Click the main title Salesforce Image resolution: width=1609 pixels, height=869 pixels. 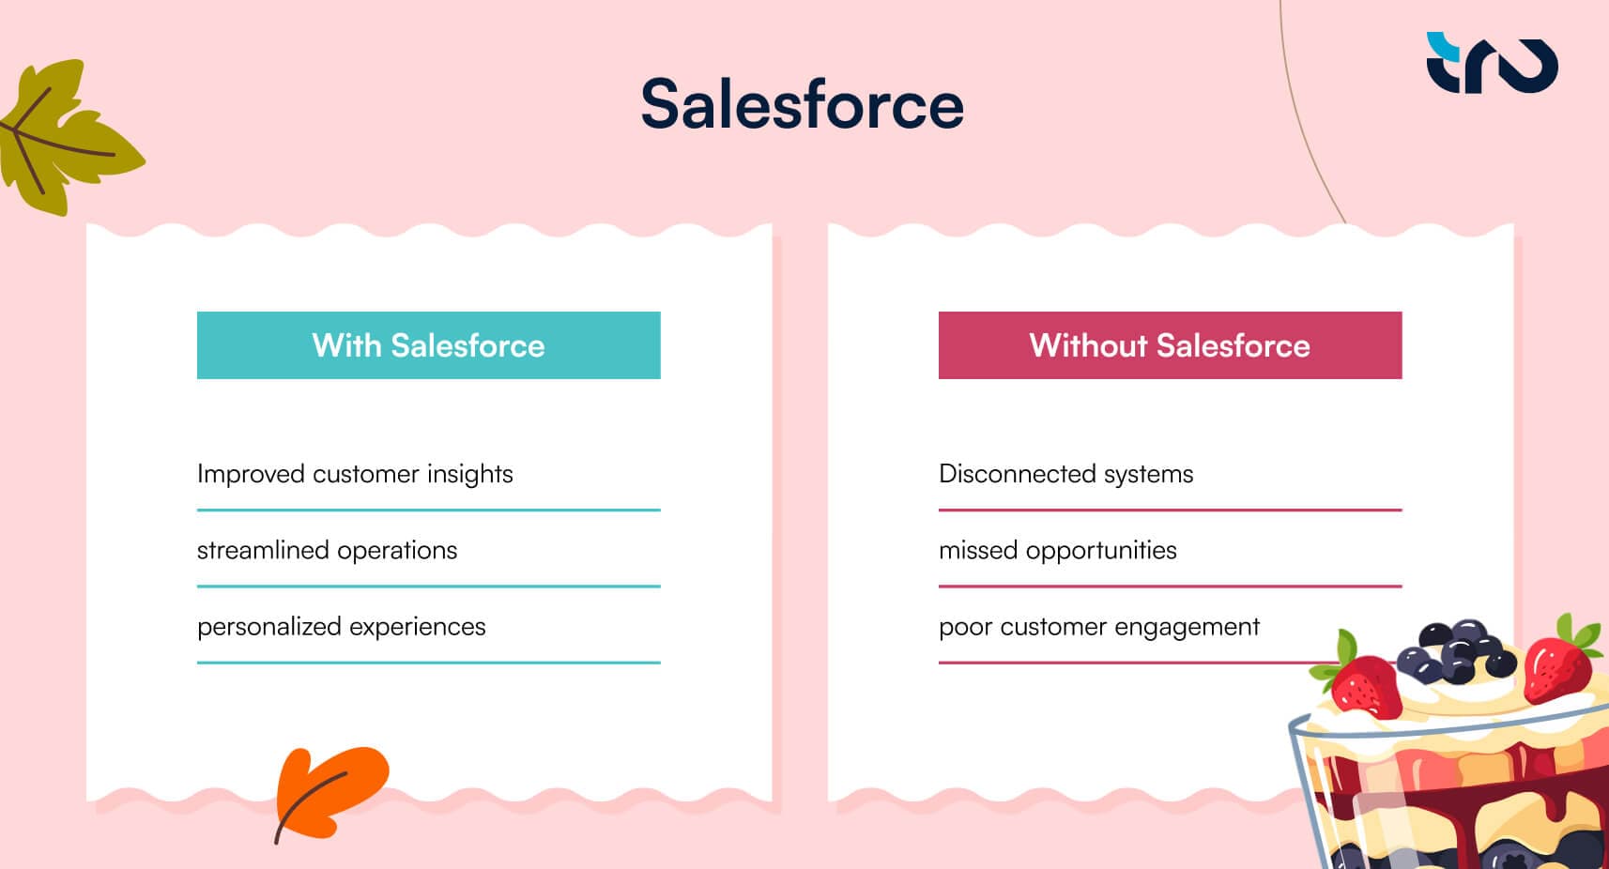[802, 104]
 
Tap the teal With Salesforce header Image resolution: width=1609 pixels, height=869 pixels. [428, 345]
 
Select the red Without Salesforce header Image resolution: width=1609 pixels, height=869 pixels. [1170, 345]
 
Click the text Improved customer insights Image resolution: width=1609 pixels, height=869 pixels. [355, 474]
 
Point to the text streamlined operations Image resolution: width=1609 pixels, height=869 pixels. [327, 550]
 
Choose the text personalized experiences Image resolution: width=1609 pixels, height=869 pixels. [341, 627]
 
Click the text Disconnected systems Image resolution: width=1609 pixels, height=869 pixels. [1065, 474]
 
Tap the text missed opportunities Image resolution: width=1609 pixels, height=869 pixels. [1057, 550]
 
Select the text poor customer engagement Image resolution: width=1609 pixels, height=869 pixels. [1098, 627]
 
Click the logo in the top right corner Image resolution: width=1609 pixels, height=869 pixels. [1492, 63]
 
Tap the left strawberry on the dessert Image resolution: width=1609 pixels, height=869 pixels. [1363, 685]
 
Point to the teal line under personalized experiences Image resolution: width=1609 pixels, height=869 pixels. [428, 663]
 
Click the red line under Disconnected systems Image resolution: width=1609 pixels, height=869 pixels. [1170, 511]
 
